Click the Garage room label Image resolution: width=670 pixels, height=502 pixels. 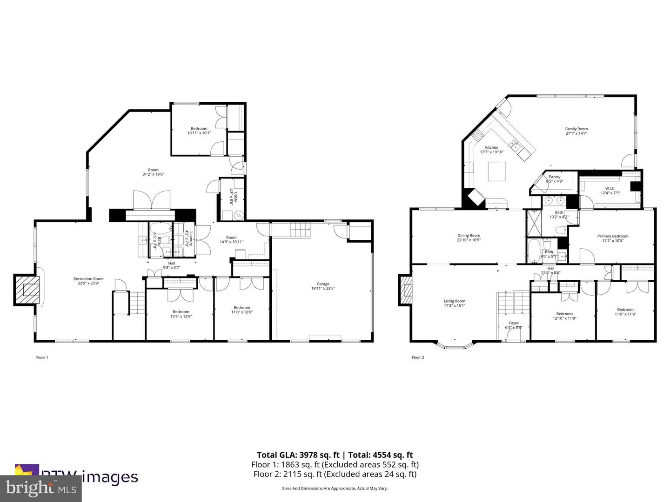point(323,286)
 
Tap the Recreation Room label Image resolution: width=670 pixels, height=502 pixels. point(88,281)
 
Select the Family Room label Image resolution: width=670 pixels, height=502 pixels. point(576,131)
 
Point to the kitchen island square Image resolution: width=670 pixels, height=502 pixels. point(496,171)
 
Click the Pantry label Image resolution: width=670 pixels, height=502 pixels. point(554,179)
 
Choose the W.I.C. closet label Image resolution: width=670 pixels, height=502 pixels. point(610,191)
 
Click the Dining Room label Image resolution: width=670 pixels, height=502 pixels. point(469,238)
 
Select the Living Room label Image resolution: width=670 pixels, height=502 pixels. point(454,303)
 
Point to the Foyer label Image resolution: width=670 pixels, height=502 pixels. point(514,325)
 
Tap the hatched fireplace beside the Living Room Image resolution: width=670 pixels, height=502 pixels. point(406,291)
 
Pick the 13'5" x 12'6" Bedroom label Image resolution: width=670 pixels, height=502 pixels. point(181,314)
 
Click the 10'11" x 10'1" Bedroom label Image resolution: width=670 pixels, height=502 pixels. point(199,131)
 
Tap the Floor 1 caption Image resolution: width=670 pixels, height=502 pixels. point(42,357)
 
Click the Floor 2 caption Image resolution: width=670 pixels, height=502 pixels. point(418,357)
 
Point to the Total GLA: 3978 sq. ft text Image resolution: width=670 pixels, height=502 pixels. point(298,455)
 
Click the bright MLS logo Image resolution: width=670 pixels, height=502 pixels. point(40,489)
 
